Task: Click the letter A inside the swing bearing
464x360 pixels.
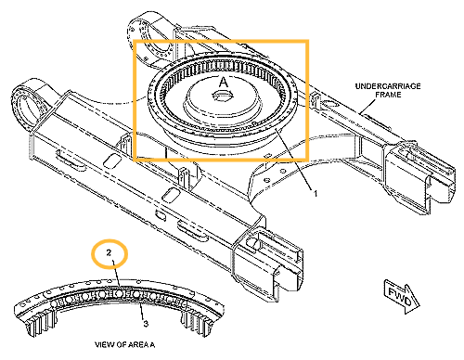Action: [x=224, y=83]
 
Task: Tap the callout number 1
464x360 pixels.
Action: [x=316, y=194]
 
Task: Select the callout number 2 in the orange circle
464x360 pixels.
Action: [x=109, y=253]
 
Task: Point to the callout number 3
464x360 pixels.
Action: [x=146, y=324]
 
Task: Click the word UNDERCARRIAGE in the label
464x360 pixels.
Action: [x=388, y=86]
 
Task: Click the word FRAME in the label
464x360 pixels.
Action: [x=388, y=95]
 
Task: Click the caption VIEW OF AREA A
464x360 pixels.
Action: [x=124, y=344]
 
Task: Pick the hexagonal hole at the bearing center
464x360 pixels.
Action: [x=222, y=96]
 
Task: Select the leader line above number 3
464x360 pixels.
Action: [x=142, y=312]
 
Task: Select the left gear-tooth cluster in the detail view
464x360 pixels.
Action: [x=43, y=322]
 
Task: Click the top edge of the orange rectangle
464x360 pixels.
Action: [x=221, y=41]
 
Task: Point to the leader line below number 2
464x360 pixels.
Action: [x=116, y=273]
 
